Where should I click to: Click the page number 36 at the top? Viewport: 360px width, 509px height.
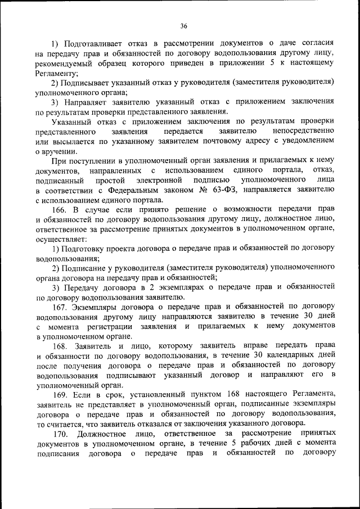pyautogui.click(x=184, y=25)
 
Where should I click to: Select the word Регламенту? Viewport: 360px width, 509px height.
pyautogui.click(x=55, y=73)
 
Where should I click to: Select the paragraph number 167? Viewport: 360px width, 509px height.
pyautogui.click(x=60, y=307)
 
